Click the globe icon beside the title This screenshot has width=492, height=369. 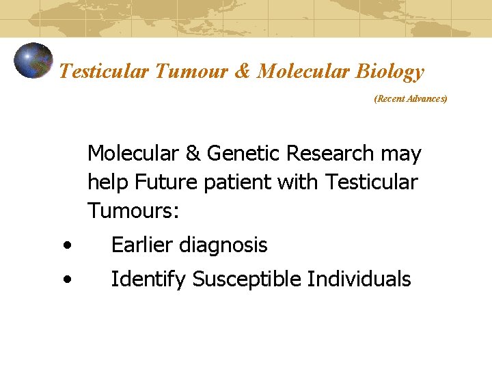(33, 61)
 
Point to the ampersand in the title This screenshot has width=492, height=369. (242, 72)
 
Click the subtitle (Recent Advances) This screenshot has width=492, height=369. (410, 99)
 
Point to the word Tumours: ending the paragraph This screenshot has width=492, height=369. (133, 211)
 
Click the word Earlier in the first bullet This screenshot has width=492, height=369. (143, 245)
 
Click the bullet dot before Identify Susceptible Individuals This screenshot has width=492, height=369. (65, 279)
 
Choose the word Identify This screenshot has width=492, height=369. (148, 279)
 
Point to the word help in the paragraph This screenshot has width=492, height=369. (108, 182)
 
